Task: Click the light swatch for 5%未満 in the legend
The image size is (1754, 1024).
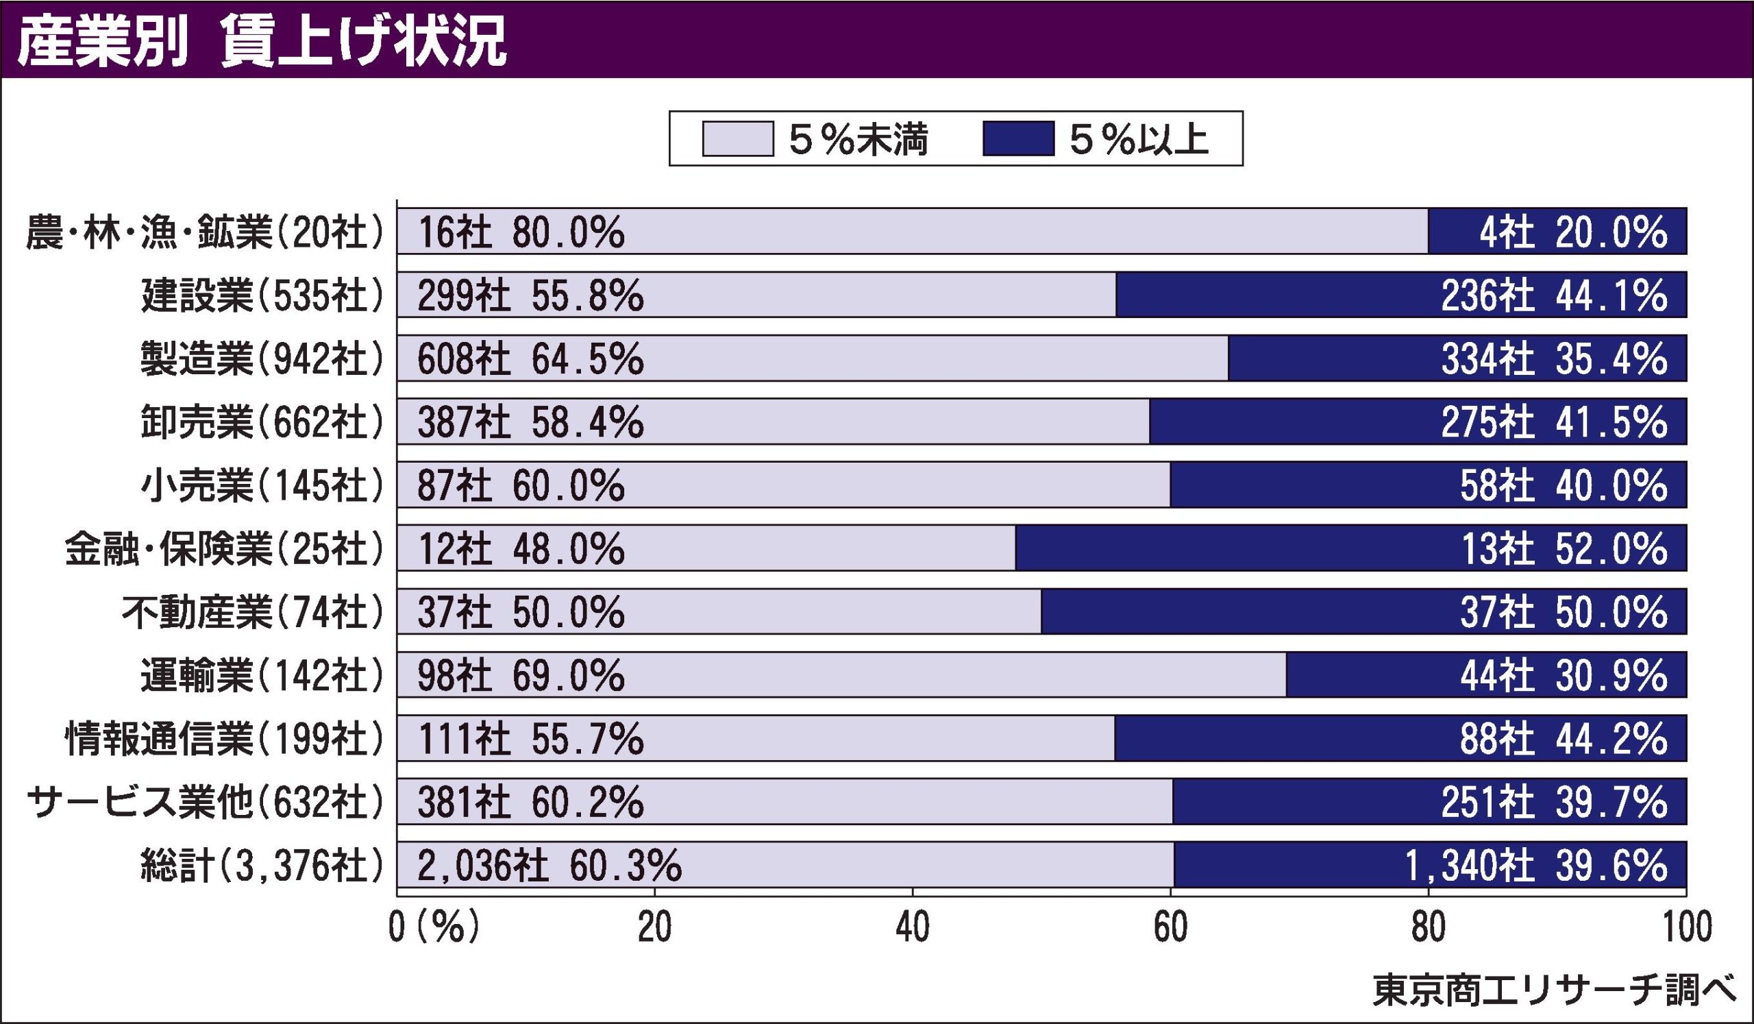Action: [738, 138]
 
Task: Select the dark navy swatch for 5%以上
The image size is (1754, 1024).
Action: [1018, 138]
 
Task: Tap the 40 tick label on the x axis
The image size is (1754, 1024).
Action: [913, 928]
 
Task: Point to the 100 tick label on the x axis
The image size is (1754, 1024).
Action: [1685, 928]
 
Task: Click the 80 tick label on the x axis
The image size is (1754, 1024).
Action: [1429, 928]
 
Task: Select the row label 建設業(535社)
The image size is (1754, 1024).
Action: [262, 296]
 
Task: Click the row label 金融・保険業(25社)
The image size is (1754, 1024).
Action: [224, 549]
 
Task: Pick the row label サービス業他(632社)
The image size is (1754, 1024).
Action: [205, 803]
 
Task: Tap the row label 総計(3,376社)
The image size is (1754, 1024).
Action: [262, 866]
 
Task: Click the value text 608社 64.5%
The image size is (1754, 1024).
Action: [530, 359]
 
